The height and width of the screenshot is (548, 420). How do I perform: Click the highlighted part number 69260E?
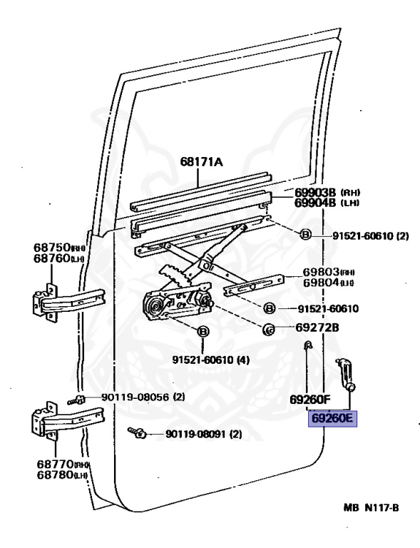(332, 418)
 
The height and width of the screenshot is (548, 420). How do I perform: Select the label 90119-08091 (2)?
(203, 434)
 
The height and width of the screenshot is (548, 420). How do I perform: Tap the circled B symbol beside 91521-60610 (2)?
(304, 235)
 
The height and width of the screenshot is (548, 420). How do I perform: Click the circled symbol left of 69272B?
(270, 328)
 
